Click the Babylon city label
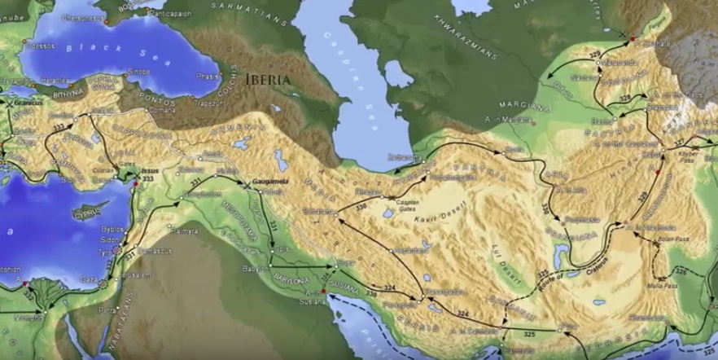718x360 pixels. (x=255, y=268)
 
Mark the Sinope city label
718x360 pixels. (x=139, y=71)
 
